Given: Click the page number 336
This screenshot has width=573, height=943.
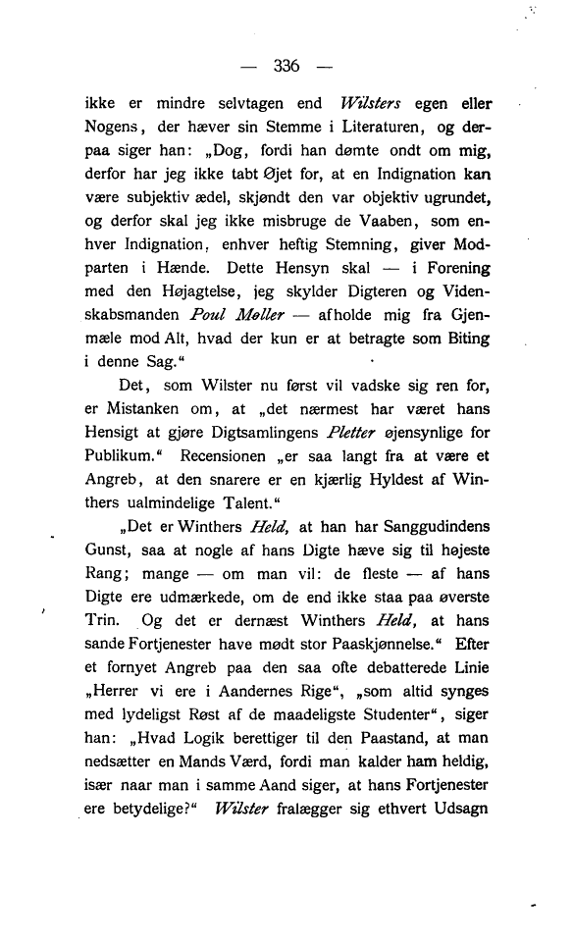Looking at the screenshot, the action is coord(286,67).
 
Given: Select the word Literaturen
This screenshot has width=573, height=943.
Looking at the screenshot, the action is coord(355,128).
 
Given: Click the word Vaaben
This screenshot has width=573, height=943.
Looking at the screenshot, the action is coord(395,224).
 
